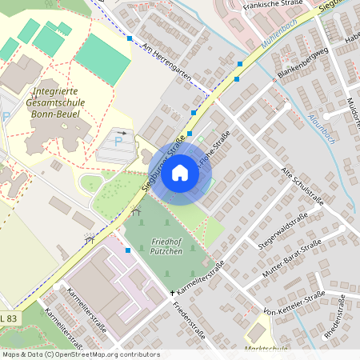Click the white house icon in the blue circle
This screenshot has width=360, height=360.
pyautogui.click(x=180, y=173)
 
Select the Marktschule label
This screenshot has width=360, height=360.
pyautogui.click(x=267, y=349)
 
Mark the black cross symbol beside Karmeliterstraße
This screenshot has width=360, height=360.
pyautogui.click(x=172, y=293)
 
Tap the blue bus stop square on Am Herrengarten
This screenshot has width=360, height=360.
pyautogui.click(x=130, y=38)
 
